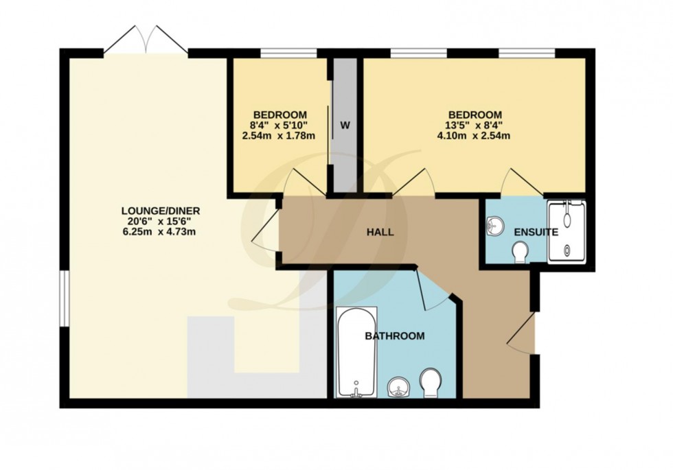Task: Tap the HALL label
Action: (379, 233)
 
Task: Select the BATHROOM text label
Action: (394, 336)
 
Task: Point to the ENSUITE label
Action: (536, 233)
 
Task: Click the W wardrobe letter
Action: (345, 126)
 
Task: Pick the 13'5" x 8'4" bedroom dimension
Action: (475, 125)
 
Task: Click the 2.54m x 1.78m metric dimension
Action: (279, 135)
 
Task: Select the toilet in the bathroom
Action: (431, 383)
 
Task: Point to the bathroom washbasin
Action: (399, 388)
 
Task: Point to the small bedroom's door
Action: (302, 183)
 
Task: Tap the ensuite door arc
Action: (522, 183)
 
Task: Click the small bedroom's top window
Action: (288, 52)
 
